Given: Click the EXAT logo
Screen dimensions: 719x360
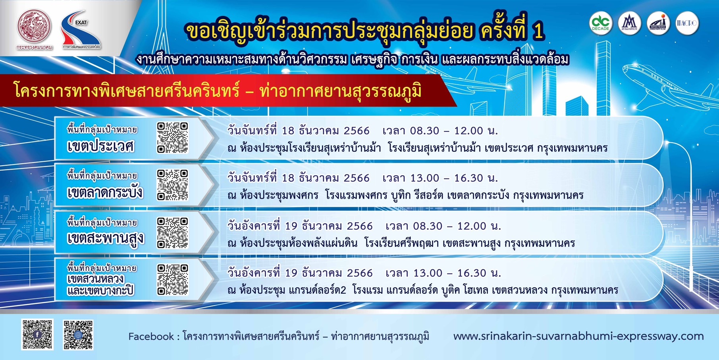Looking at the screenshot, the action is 81,30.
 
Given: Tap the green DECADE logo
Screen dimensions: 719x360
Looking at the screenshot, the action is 600,23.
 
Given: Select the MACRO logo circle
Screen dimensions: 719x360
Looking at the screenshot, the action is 687,23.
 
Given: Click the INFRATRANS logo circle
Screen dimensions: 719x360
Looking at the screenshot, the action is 658,23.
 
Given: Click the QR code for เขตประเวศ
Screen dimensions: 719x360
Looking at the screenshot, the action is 172,137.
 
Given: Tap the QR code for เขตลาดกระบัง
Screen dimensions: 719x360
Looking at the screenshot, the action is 172,185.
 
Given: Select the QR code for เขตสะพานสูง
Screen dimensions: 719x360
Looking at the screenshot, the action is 172,232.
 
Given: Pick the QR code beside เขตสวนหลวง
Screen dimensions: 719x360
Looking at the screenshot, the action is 172,280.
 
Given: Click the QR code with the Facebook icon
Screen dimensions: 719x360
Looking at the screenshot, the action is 37,335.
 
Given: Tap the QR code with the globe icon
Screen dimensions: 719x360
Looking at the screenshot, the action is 78,335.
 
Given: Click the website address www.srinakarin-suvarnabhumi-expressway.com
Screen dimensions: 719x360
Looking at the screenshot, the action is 578,336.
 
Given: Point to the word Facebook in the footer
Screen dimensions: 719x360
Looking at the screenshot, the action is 151,337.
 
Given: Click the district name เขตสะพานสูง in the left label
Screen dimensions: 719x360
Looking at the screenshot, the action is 105,238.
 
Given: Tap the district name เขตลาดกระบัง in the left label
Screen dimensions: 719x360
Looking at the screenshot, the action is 105,192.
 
